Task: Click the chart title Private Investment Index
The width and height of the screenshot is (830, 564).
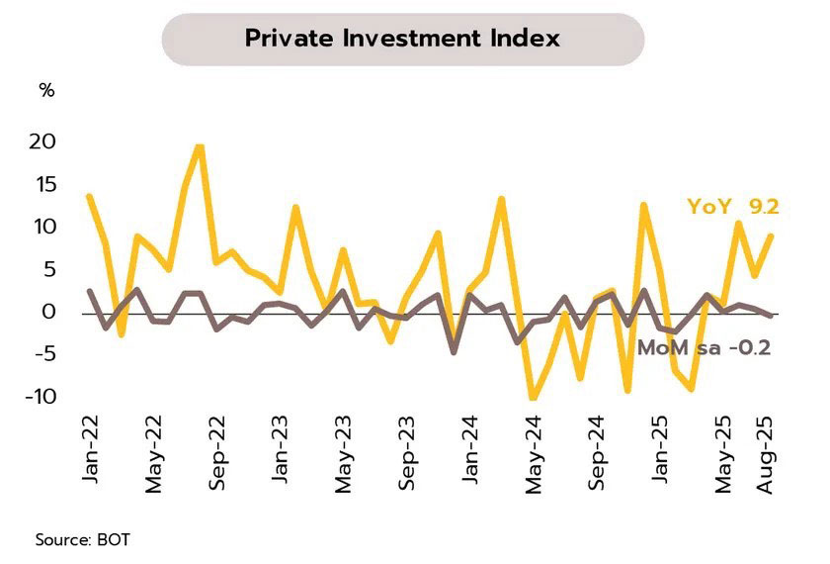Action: (x=402, y=39)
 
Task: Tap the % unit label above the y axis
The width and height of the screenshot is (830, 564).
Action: (x=46, y=91)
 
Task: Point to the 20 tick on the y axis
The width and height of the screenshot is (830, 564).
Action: (x=42, y=141)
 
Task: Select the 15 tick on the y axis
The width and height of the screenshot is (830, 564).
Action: (x=42, y=184)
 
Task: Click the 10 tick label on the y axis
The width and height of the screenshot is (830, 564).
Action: (x=42, y=227)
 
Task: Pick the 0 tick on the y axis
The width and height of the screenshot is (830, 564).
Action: (x=49, y=312)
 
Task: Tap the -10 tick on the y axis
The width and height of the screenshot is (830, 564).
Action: (x=40, y=397)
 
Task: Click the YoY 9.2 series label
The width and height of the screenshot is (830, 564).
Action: (x=733, y=207)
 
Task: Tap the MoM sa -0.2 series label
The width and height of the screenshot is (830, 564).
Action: (x=704, y=347)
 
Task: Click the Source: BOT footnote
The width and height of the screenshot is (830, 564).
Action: (x=82, y=540)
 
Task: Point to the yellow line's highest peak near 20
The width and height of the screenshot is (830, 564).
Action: (x=200, y=147)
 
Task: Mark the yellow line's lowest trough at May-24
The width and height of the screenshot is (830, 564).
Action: (x=534, y=398)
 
